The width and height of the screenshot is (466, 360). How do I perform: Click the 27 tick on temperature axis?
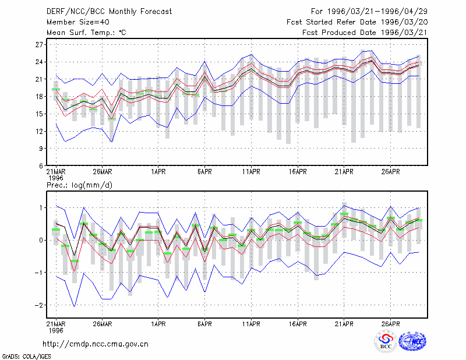pyautogui.click(x=39, y=45)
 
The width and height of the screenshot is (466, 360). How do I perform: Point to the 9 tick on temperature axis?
pyautogui.click(x=41, y=149)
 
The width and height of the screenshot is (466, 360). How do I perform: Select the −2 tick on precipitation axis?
pyautogui.click(x=38, y=305)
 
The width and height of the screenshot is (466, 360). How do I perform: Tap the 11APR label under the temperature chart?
pyautogui.click(x=251, y=172)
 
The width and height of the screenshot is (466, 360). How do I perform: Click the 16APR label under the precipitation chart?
pyautogui.click(x=298, y=324)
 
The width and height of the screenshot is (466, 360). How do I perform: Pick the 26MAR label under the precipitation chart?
pyautogui.click(x=103, y=324)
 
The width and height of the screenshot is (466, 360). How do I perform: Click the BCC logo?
pyautogui.click(x=386, y=341)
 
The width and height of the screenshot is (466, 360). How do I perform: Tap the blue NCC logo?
pyautogui.click(x=413, y=341)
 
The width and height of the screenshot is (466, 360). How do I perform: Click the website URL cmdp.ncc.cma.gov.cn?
pyautogui.click(x=96, y=344)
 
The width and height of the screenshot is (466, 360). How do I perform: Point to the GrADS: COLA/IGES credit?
pyautogui.click(x=27, y=357)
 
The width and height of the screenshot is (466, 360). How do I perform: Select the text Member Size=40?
pyautogui.click(x=78, y=22)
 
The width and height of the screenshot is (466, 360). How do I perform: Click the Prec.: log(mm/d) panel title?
pyautogui.click(x=79, y=185)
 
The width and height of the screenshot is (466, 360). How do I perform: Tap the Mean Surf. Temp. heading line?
pyautogui.click(x=86, y=33)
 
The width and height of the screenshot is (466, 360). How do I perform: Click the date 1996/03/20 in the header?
pyautogui.click(x=404, y=22)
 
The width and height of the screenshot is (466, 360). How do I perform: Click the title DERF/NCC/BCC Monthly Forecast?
pyautogui.click(x=109, y=12)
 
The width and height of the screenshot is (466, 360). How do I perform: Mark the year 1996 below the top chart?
pyautogui.click(x=56, y=178)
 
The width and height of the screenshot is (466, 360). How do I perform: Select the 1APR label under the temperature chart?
pyautogui.click(x=158, y=172)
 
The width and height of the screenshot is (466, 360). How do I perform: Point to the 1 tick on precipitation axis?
pyautogui.click(x=41, y=208)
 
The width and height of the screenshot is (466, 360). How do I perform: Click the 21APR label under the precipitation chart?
pyautogui.click(x=344, y=324)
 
